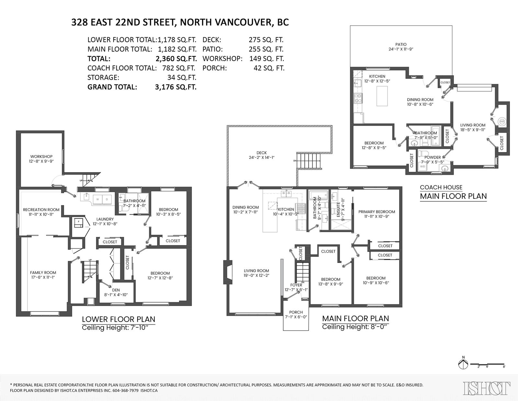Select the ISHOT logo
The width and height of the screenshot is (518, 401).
[486, 388]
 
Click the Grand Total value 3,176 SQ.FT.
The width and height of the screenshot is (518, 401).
[176, 87]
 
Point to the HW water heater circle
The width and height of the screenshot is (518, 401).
[502, 122]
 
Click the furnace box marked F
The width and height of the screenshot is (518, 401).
[78, 222]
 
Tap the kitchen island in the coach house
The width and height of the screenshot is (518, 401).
[382, 96]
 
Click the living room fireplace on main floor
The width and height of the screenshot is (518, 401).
[228, 272]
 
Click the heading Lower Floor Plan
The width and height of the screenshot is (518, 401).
[118, 319]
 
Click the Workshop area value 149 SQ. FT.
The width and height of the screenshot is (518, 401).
[267, 58]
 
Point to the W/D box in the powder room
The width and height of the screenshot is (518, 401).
[422, 166]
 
